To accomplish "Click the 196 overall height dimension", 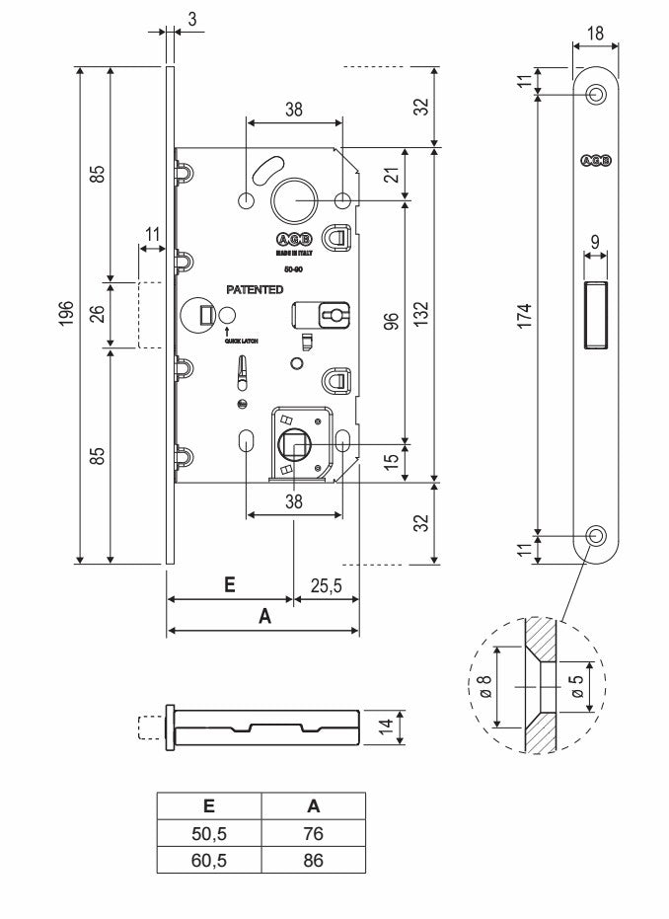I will (66, 314).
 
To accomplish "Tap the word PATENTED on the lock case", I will (255, 290).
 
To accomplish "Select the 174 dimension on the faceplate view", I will (526, 315).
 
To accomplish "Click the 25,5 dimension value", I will (326, 585).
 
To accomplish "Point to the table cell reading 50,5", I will (208, 834).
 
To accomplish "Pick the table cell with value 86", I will (313, 860).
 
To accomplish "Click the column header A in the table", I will (313, 805).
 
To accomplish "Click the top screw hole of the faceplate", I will (596, 95).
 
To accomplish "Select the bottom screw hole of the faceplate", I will (596, 535).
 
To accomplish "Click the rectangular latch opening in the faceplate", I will (596, 314).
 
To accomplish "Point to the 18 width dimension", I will (595, 33).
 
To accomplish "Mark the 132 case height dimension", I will (420, 315).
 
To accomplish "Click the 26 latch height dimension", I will (97, 315).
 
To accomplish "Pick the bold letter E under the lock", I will (229, 584).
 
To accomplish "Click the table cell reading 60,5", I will (208, 860).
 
